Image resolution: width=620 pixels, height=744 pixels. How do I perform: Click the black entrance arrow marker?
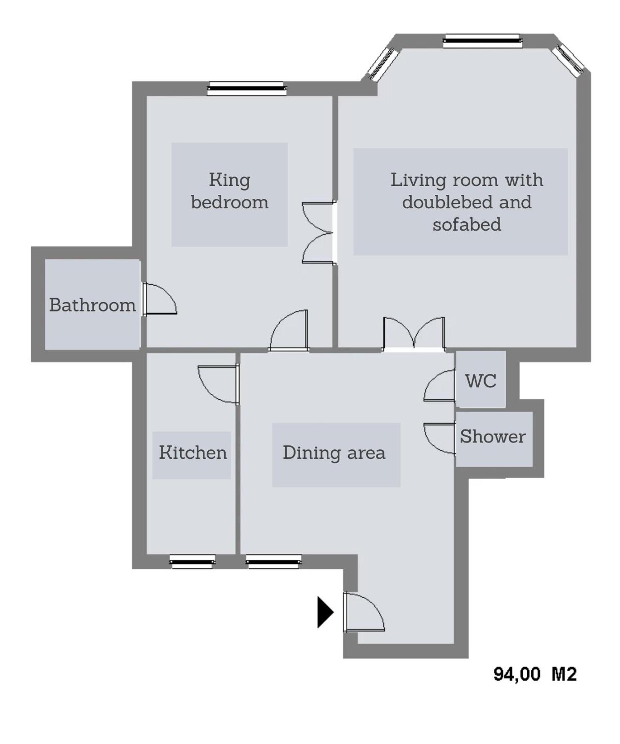325,612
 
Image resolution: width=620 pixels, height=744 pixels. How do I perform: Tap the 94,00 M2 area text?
535,674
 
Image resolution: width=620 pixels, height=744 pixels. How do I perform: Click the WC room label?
480,381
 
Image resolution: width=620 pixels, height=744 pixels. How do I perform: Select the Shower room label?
493,436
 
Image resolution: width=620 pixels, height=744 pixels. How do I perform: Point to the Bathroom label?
92,305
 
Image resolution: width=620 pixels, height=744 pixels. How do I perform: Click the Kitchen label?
193,452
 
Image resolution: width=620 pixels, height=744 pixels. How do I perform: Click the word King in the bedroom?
230,180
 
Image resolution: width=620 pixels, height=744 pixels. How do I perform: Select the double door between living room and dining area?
414,334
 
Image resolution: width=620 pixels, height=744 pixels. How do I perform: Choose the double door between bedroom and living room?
318,233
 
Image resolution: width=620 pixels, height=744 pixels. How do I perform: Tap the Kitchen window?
192,561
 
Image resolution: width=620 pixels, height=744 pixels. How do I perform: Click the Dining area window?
273,561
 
